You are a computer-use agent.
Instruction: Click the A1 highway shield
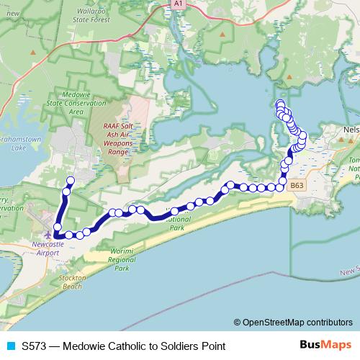click(x=178, y=4)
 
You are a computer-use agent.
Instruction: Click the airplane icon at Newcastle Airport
click(x=48, y=235)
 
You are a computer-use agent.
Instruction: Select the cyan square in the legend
click(x=9, y=346)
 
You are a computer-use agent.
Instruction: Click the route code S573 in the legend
click(x=35, y=346)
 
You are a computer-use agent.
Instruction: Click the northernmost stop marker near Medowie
click(x=71, y=181)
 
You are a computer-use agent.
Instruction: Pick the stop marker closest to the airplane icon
click(x=57, y=233)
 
